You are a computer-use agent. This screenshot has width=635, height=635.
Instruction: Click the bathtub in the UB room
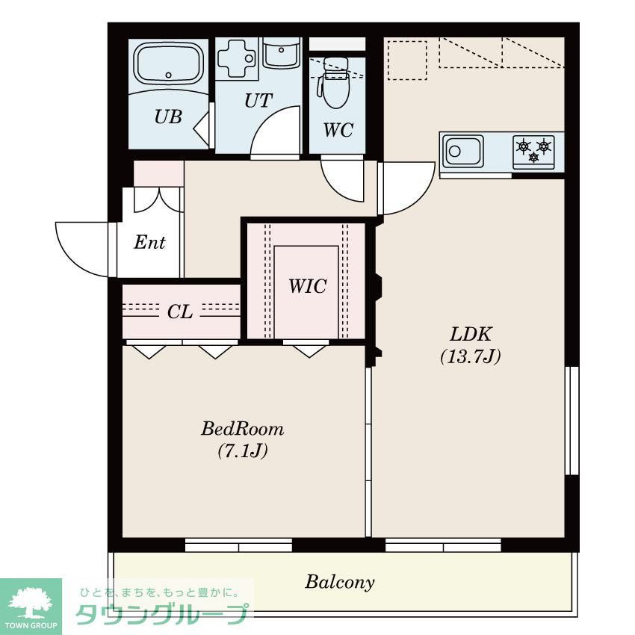pyautogui.click(x=169, y=64)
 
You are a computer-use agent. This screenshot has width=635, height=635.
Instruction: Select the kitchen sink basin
pyautogui.click(x=463, y=151)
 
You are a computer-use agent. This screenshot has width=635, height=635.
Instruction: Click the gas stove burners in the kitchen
pyautogui.click(x=533, y=152)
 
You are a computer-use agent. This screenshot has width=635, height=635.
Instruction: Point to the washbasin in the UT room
pyautogui.click(x=282, y=53)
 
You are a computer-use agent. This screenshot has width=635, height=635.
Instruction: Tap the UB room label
pyautogui.click(x=168, y=117)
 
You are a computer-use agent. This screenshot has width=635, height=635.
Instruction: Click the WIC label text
pyautogui.click(x=307, y=286)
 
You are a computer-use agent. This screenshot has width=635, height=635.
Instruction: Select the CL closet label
pyautogui.click(x=180, y=312)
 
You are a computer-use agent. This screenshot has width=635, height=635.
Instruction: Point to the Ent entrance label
pyautogui.click(x=149, y=242)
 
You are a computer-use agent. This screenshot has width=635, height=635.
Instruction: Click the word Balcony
pyautogui.click(x=340, y=583)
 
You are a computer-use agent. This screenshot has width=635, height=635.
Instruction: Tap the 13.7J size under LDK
pyautogui.click(x=470, y=356)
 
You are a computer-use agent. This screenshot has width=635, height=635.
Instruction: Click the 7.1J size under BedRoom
pyautogui.click(x=243, y=450)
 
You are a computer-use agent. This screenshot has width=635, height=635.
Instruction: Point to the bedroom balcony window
pyautogui.click(x=238, y=545)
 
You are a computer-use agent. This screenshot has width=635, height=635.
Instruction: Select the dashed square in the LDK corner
pyautogui.click(x=407, y=60)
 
